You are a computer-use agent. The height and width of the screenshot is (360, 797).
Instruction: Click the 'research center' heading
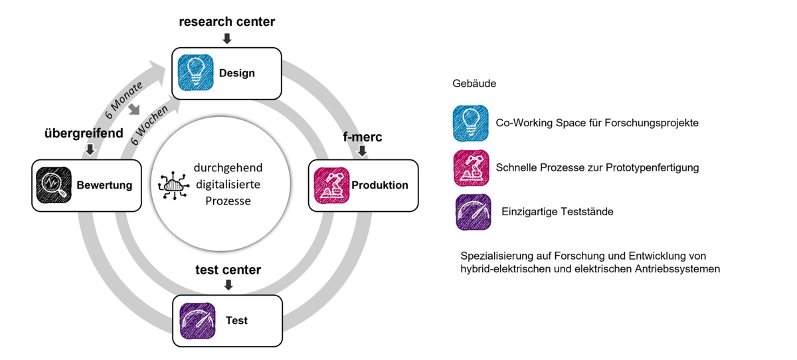click(x=227, y=22)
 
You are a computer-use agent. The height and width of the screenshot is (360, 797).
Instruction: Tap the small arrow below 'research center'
click(x=227, y=39)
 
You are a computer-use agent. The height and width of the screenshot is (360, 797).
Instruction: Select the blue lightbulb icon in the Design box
click(x=196, y=72)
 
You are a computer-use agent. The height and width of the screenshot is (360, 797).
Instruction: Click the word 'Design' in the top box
click(x=237, y=73)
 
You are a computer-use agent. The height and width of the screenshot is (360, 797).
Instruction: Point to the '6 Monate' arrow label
click(x=124, y=100)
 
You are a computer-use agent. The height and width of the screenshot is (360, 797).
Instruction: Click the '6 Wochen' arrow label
click(x=149, y=125)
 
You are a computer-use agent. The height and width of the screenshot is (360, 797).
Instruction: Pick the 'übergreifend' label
click(x=84, y=134)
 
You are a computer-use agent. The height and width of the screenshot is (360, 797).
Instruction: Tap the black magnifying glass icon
click(x=54, y=185)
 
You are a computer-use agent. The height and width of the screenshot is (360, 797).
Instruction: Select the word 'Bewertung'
click(x=104, y=185)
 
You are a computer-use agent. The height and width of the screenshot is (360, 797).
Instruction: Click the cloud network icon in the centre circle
click(x=173, y=185)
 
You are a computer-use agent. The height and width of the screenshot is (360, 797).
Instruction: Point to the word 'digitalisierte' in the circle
click(x=228, y=184)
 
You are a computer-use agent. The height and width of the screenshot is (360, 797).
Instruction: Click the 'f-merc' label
click(x=363, y=137)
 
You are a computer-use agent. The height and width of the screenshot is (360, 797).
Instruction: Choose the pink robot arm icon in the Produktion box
click(x=331, y=185)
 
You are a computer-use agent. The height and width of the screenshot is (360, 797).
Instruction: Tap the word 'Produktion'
click(x=380, y=185)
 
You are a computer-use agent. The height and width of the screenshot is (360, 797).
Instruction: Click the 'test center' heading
click(x=228, y=270)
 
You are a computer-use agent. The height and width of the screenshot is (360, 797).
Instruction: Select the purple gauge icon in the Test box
click(x=197, y=321)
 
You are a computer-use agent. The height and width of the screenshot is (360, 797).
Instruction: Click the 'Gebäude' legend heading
click(x=474, y=83)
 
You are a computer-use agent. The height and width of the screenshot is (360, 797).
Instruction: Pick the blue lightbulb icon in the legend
click(x=471, y=123)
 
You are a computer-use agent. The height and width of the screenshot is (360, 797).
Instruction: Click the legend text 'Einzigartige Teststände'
click(x=557, y=212)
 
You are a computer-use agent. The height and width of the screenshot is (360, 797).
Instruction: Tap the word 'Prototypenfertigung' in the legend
click(x=652, y=167)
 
